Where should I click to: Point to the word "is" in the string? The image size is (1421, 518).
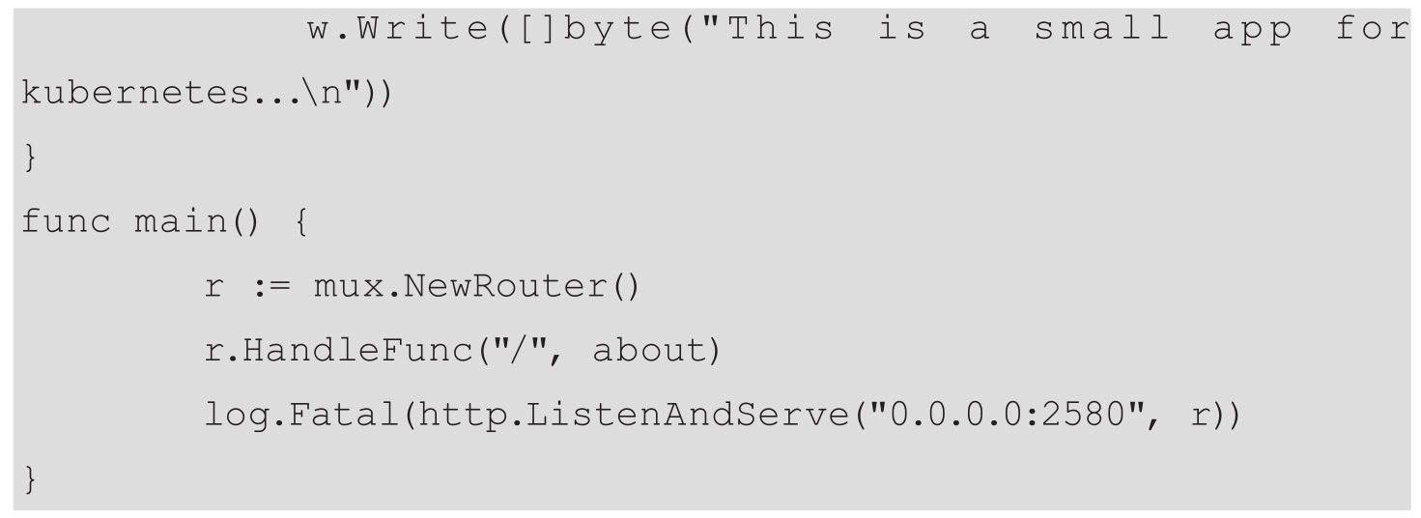point(902,30)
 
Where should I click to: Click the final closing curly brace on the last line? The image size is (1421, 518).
point(28,480)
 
